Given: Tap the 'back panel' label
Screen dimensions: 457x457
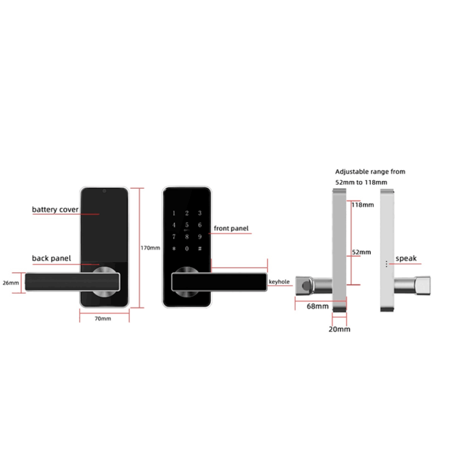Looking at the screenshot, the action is click(x=52, y=259).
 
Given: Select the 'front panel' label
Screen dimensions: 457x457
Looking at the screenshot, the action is click(x=231, y=228).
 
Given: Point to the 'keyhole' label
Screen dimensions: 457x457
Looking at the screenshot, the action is click(x=279, y=281).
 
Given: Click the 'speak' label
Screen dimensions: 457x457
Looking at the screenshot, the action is click(x=406, y=259).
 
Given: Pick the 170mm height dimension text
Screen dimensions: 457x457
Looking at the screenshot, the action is click(x=151, y=248).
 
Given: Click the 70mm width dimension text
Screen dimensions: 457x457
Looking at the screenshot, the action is click(x=102, y=319).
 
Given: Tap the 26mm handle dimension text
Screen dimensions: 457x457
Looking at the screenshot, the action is click(x=10, y=283).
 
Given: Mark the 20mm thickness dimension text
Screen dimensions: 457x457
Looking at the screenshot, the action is click(x=339, y=329).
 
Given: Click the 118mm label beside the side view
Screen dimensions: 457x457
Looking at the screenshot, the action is click(x=362, y=205).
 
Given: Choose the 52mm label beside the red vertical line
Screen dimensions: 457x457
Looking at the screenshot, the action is click(x=361, y=252).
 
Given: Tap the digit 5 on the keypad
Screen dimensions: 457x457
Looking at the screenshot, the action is click(x=187, y=225).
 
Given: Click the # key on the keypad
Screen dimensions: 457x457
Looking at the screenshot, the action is click(x=200, y=249).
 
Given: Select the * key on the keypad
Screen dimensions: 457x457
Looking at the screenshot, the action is click(x=174, y=249).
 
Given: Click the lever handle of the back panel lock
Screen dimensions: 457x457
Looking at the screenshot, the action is click(x=72, y=282).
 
